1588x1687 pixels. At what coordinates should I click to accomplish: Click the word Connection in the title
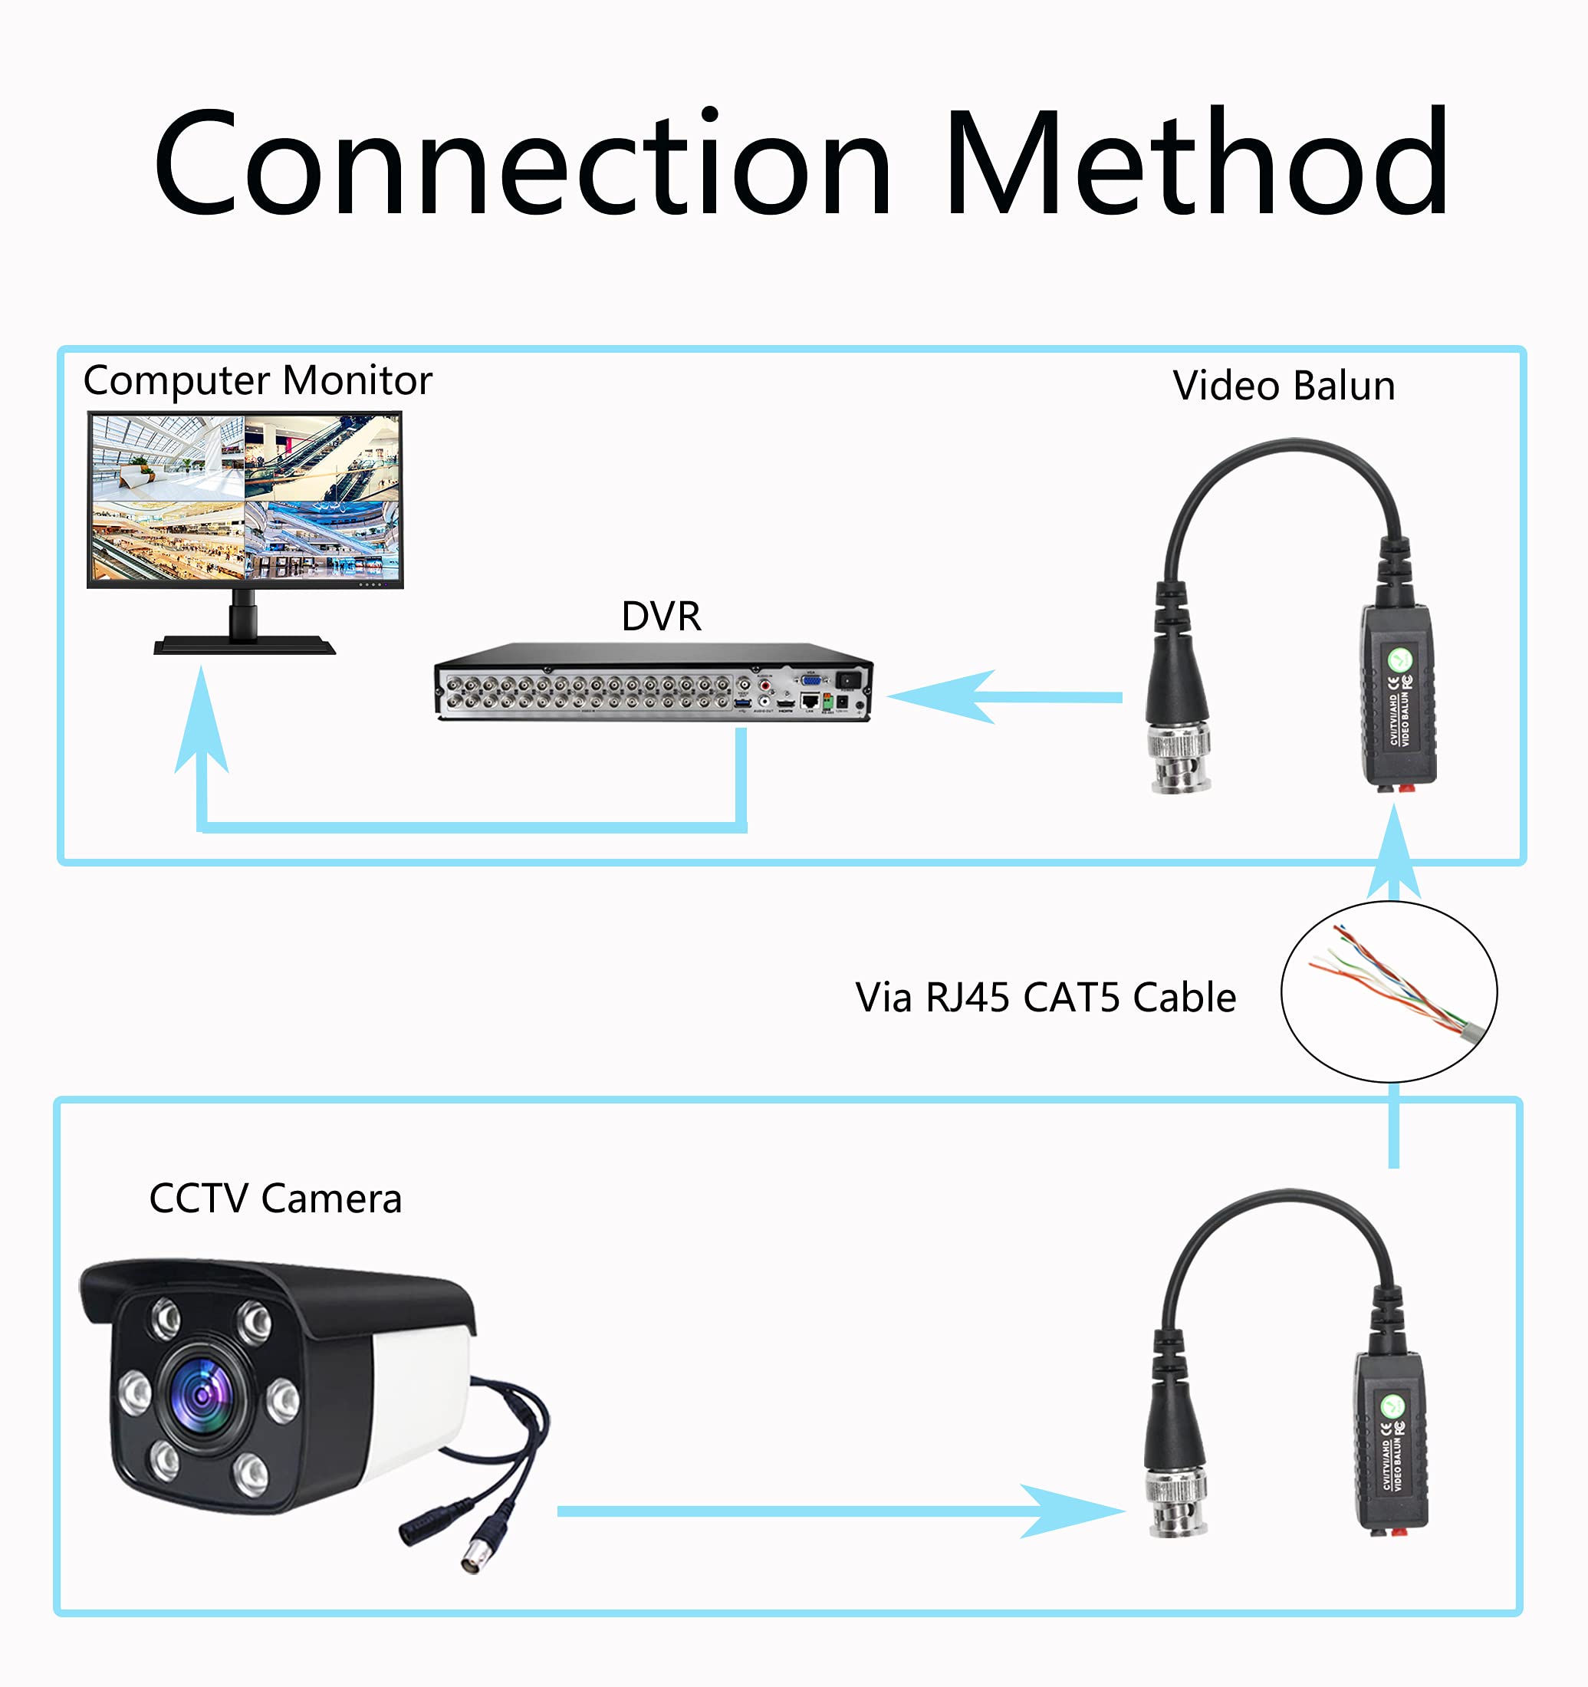coord(522,163)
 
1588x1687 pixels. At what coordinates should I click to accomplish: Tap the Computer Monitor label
coord(257,380)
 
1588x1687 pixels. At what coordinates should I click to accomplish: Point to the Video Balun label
coord(1284,386)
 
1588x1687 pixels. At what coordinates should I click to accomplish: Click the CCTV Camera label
coord(275,1199)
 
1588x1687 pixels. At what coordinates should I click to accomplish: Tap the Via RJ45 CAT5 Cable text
coord(1045,997)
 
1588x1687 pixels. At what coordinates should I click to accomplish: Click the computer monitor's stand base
coord(245,646)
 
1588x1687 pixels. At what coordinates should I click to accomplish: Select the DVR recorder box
coord(653,683)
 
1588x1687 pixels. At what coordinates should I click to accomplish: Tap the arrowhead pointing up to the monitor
coord(201,722)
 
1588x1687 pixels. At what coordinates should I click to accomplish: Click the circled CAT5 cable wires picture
coord(1389,991)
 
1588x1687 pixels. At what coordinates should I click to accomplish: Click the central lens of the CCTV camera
coord(202,1395)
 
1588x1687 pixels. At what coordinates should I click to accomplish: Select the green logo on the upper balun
coord(1399,659)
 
